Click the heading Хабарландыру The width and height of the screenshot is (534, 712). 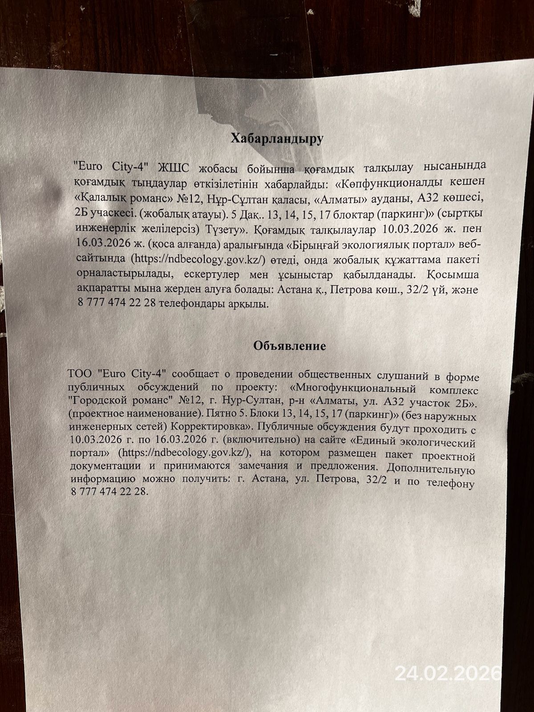click(276, 139)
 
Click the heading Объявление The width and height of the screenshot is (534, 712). click(290, 345)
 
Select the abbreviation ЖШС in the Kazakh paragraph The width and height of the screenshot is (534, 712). click(176, 168)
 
